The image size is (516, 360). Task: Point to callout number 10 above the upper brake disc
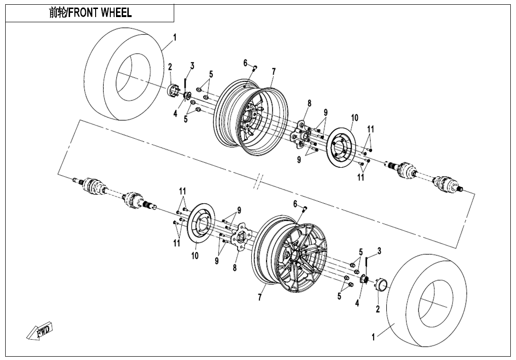(355, 117)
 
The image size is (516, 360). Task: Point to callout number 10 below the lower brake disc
(195, 255)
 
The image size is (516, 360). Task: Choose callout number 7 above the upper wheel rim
(274, 72)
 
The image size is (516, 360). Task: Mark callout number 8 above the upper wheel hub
(309, 103)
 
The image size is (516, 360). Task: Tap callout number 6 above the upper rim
(246, 63)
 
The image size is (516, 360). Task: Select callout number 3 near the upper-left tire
(192, 65)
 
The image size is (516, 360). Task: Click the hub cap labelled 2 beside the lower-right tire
(380, 286)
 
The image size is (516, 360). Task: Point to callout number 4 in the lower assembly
(357, 304)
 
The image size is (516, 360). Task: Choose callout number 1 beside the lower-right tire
(373, 337)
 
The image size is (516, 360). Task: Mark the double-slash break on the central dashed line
(258, 181)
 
